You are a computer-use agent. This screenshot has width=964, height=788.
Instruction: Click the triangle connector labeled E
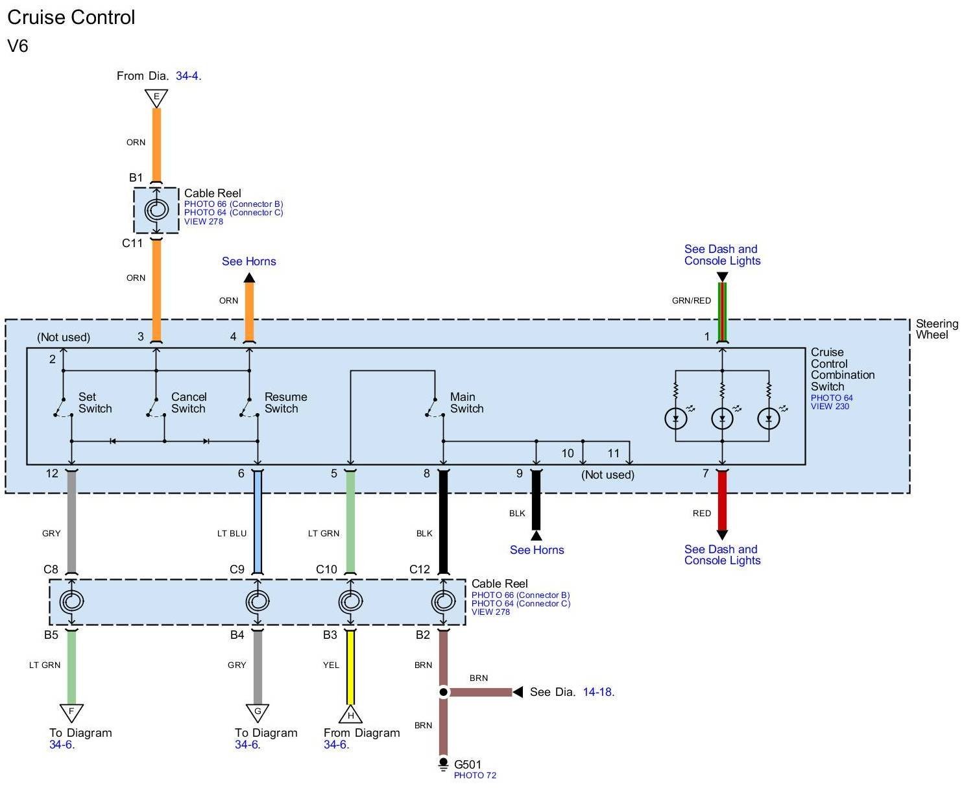click(156, 98)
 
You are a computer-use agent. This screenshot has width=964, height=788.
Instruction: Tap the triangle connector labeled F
click(71, 713)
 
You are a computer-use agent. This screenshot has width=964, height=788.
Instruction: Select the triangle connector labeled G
click(258, 713)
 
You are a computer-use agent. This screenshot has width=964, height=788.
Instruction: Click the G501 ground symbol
click(443, 764)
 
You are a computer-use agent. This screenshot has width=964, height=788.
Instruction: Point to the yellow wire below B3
click(350, 667)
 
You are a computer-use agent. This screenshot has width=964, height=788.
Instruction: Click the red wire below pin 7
click(722, 501)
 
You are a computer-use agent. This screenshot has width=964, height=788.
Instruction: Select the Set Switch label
click(95, 403)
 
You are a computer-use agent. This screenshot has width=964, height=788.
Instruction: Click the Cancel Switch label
click(189, 403)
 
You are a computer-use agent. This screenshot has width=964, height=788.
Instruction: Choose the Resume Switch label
click(285, 403)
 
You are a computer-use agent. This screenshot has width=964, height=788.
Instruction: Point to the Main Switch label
click(466, 403)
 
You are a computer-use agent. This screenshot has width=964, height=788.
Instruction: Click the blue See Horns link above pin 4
click(248, 261)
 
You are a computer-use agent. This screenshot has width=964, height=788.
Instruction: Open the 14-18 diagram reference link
click(598, 692)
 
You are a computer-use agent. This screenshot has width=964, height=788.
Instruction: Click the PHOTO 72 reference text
click(475, 775)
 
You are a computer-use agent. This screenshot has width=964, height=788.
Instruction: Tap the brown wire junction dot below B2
click(443, 692)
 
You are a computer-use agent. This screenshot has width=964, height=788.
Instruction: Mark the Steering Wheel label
click(937, 329)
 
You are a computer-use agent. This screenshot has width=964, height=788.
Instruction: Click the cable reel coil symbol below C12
click(443, 601)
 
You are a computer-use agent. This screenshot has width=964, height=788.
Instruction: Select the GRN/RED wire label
click(691, 300)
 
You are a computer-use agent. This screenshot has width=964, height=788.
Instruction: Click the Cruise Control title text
click(71, 18)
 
